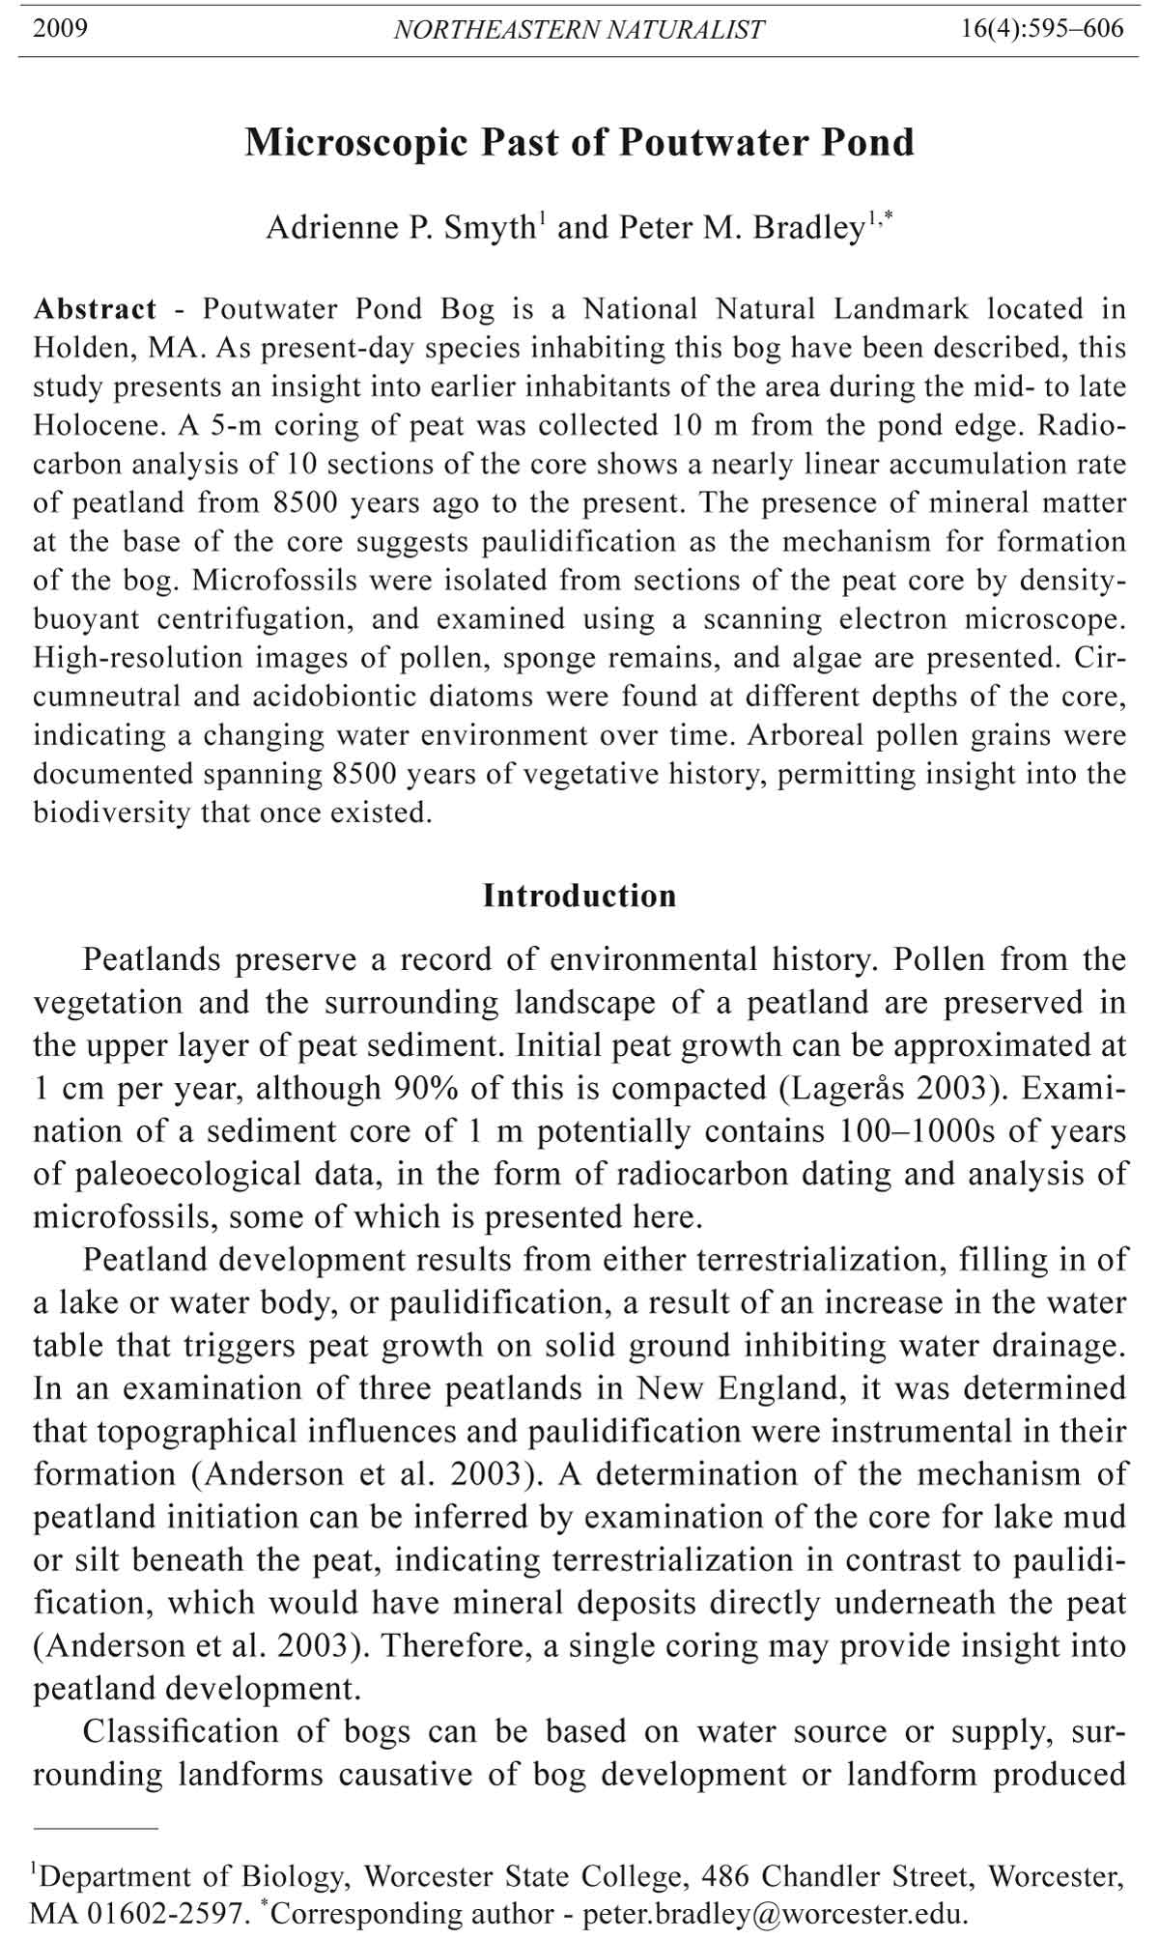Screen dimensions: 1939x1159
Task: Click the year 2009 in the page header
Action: [60, 28]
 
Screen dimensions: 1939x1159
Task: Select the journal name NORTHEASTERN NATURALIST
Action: [579, 30]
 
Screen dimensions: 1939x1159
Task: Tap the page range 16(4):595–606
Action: [1042, 28]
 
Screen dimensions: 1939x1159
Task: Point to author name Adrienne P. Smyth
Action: [401, 228]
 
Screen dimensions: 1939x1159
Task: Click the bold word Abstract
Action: [95, 309]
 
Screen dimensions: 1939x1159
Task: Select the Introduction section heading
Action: [579, 896]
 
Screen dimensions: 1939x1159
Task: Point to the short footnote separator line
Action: [95, 1828]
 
